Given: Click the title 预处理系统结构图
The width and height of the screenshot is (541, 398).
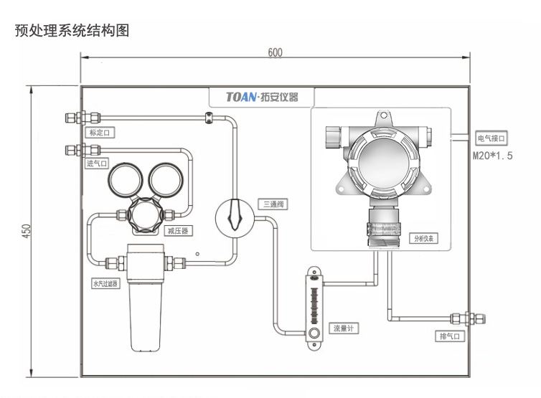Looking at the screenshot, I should coord(72,32).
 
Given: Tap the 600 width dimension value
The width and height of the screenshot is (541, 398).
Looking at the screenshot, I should coord(275,52).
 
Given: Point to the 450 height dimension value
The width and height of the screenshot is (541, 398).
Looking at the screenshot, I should coord(27,231).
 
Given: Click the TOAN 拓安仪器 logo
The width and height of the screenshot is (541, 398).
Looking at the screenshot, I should coord(261,97).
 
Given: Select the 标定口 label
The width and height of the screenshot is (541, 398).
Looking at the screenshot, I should coord(100,133).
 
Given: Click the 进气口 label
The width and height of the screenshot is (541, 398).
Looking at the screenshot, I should coord(96,164).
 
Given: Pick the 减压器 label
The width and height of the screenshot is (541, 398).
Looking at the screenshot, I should coord(177,231).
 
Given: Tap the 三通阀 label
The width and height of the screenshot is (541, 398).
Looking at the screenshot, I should coord(273,205).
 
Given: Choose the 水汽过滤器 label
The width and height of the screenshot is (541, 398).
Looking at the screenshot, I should coord(105,284).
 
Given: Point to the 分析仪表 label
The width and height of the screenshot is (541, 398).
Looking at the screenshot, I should coord(423,239).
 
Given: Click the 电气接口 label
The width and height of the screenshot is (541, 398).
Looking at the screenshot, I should coord(491,138).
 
